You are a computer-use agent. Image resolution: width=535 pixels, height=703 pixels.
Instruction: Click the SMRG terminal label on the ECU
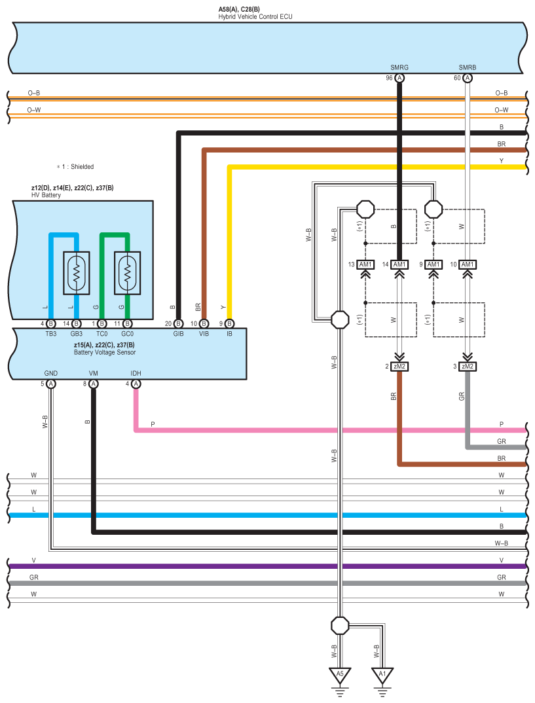pos(399,67)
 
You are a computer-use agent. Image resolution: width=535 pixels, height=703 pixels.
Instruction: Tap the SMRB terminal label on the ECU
pos(467,67)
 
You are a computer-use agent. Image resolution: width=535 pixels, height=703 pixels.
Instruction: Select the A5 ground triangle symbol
pos(340,674)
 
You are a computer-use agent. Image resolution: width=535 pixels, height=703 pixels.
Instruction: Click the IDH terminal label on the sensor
pos(136,373)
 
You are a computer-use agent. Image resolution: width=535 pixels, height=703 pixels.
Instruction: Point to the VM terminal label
pos(94,373)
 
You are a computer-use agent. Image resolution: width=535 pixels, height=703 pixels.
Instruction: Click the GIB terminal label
pos(178,334)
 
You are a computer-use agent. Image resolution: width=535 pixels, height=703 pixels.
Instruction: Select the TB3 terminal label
pos(50,334)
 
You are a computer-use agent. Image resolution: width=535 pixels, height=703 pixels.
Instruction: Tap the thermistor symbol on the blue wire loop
pos(77,272)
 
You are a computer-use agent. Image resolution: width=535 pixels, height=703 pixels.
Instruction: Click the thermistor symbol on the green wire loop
pos(128,272)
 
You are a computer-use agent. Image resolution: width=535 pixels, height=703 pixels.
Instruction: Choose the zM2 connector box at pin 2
pos(399,367)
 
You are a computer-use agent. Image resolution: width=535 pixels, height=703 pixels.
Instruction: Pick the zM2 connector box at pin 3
pos(467,367)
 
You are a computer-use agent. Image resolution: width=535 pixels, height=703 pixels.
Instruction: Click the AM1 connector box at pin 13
pos(365,264)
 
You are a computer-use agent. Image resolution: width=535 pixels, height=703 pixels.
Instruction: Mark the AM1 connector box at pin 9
pos(433,264)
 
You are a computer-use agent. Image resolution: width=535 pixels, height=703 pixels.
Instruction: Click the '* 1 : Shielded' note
pos(75,167)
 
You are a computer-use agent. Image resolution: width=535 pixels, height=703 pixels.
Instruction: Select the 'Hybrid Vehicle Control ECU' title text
pos(255,16)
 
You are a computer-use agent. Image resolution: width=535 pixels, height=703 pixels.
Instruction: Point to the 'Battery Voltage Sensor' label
pos(105,352)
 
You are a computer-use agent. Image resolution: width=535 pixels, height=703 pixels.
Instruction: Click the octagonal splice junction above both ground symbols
pos(340,625)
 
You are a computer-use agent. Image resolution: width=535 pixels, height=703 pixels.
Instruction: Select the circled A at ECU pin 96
pos(399,78)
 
